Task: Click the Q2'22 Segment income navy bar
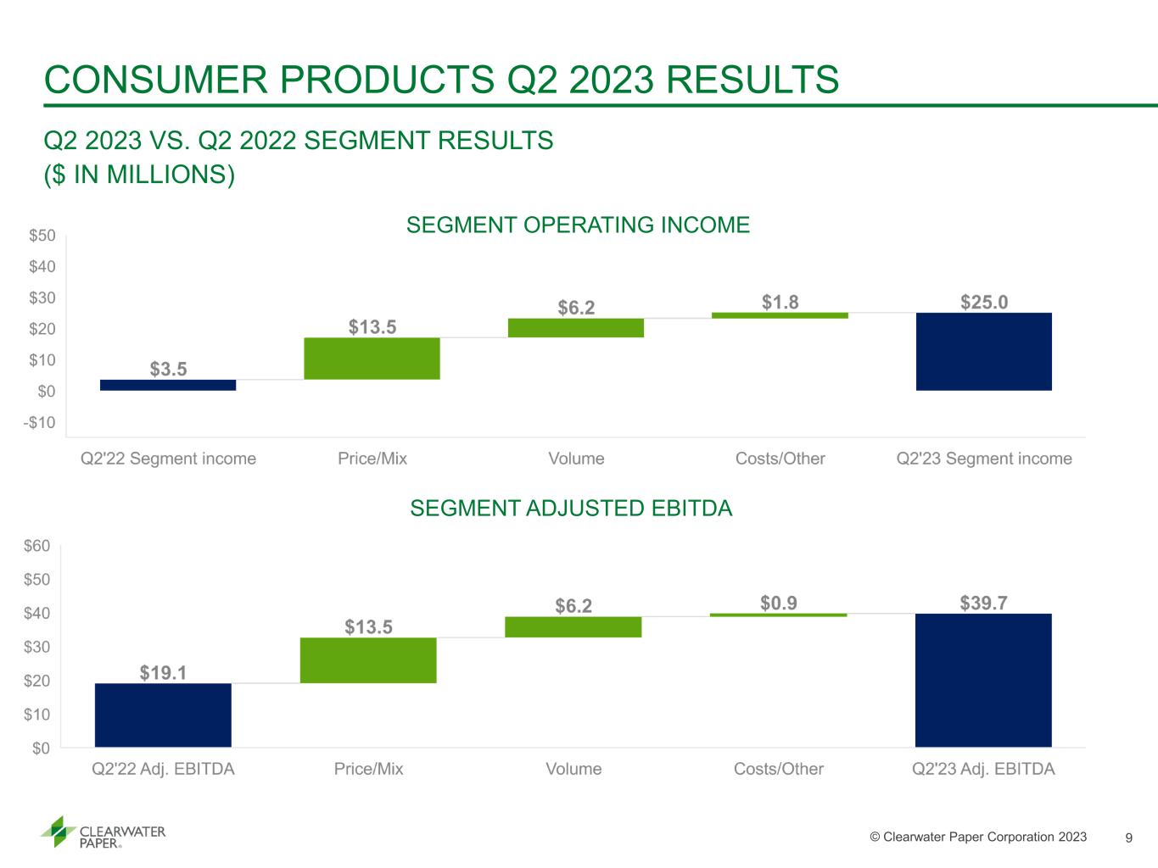click(168, 385)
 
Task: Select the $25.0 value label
click(984, 302)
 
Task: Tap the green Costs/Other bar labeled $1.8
click(780, 315)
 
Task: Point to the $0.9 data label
click(778, 603)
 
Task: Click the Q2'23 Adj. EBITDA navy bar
click(983, 680)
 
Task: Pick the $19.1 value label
click(163, 672)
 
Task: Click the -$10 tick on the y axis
click(40, 422)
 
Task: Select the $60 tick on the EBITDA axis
click(37, 545)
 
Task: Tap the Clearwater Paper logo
click(103, 832)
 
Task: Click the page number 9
click(1129, 837)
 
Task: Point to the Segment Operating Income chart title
click(578, 225)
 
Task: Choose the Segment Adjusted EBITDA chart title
click(571, 508)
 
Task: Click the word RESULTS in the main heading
click(752, 80)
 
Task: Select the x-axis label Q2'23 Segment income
click(984, 459)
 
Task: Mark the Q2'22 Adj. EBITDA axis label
click(163, 769)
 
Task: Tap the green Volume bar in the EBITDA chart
click(573, 627)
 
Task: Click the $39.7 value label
click(983, 603)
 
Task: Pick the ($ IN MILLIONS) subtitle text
click(139, 175)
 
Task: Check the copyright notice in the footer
click(978, 837)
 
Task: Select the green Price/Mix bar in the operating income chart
click(372, 359)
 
